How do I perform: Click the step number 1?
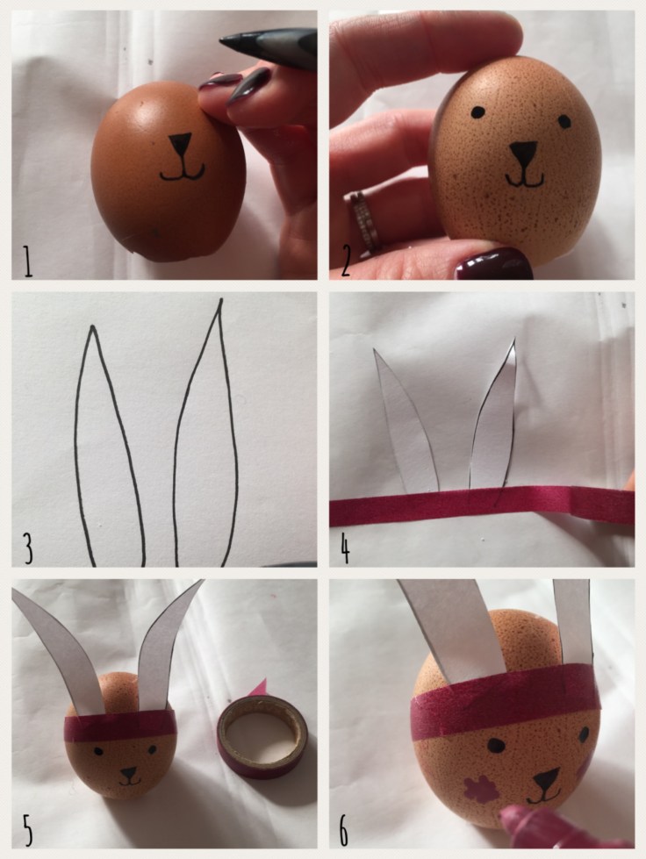tap(27, 261)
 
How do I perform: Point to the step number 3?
tap(28, 548)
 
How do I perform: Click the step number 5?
tap(28, 830)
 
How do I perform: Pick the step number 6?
tap(343, 831)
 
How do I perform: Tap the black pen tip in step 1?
tap(234, 40)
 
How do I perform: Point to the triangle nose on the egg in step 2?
tap(524, 153)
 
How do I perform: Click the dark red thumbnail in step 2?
tap(492, 263)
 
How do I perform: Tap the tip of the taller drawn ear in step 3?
tap(221, 299)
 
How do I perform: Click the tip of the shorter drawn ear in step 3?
tap(93, 327)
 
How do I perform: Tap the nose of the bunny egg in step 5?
tap(129, 774)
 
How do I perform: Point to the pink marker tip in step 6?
tap(518, 819)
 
